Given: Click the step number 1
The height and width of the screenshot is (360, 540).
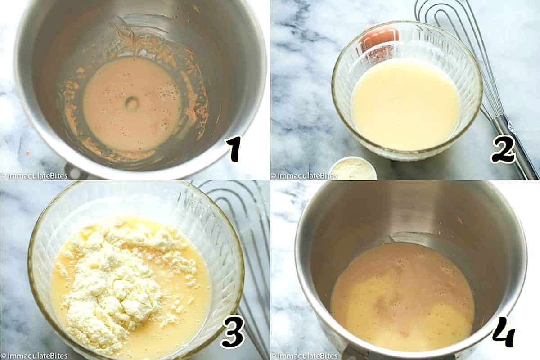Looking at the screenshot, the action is (x=234, y=149).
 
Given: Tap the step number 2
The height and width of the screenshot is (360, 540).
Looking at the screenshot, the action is (x=504, y=149).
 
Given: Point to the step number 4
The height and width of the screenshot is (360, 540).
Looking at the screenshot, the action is (x=504, y=332).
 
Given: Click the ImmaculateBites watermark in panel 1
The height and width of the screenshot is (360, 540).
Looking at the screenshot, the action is (x=34, y=176).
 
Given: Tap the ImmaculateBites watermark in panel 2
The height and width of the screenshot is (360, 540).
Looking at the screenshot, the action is (x=304, y=176).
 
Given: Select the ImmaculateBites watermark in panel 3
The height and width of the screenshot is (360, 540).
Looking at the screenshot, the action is (x=34, y=356).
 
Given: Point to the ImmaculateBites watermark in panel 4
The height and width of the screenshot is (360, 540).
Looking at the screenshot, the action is (x=304, y=356).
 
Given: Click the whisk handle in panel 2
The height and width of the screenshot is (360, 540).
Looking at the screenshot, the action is (x=516, y=147).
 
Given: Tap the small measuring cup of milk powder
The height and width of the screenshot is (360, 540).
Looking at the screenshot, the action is (x=353, y=169).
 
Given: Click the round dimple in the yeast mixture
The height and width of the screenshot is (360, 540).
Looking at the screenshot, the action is (x=132, y=103).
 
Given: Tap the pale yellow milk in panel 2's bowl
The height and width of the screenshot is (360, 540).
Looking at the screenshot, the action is (x=405, y=103).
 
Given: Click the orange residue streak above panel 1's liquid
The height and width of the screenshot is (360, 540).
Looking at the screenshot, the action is (x=124, y=31).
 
